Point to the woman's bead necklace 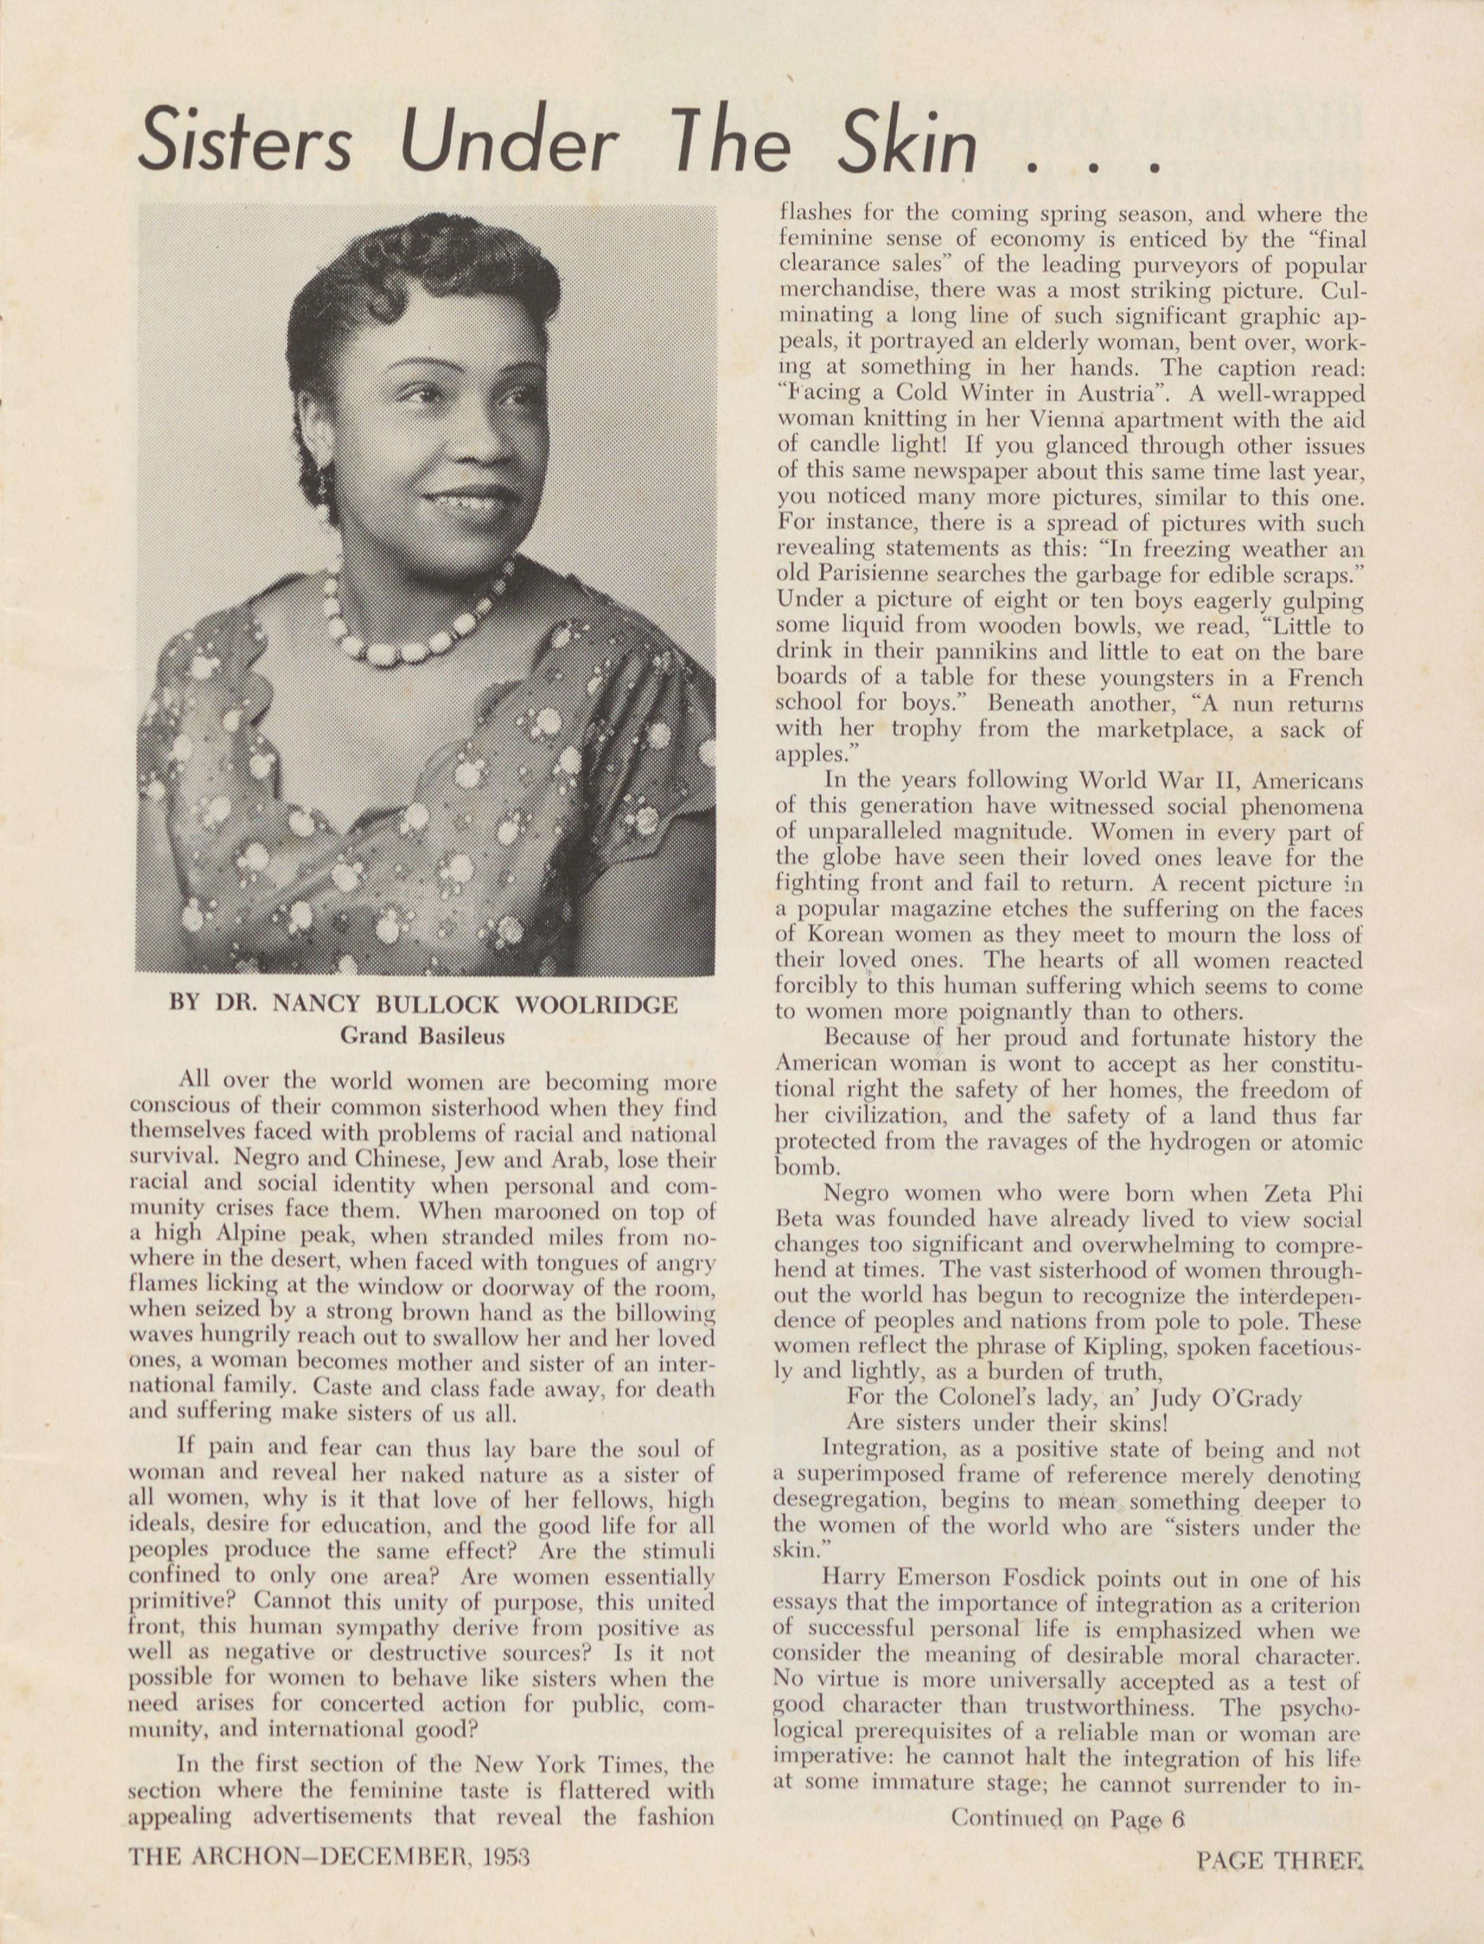coord(415,623)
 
